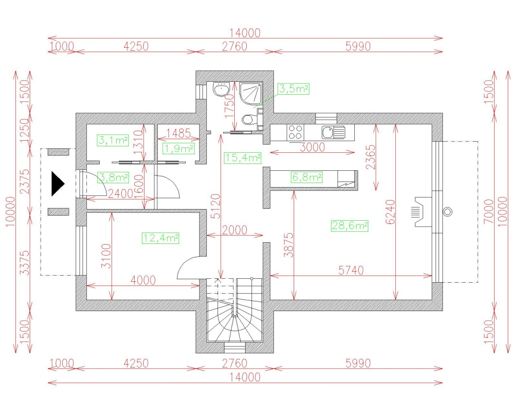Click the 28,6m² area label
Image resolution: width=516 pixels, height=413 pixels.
point(350,226)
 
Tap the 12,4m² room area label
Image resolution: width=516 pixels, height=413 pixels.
point(160,238)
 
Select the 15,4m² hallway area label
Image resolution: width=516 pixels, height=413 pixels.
point(243,158)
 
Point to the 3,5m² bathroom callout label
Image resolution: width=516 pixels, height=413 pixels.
point(294,89)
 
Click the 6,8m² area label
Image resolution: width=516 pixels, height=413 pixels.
point(307,177)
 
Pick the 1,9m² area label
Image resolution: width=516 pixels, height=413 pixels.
point(178,149)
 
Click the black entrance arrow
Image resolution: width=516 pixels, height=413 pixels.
point(58,184)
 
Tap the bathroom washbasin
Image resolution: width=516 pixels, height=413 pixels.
point(221,89)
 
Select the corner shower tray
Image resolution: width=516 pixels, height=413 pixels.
point(251,94)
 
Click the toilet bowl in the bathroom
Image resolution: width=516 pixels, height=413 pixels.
point(250,120)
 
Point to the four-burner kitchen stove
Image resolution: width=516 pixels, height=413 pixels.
point(295,132)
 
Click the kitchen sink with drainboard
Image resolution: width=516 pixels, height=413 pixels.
point(333,132)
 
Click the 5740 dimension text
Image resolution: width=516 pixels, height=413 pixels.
point(351,271)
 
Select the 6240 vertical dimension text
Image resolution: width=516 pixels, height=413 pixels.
point(390,212)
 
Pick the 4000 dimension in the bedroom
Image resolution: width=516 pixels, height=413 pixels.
point(143,280)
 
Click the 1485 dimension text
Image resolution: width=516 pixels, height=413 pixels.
point(178,133)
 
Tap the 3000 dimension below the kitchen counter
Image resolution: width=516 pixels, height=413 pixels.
point(312,147)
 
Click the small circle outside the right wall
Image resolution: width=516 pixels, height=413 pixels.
point(448,212)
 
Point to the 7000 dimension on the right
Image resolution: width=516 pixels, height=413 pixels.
point(489,211)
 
